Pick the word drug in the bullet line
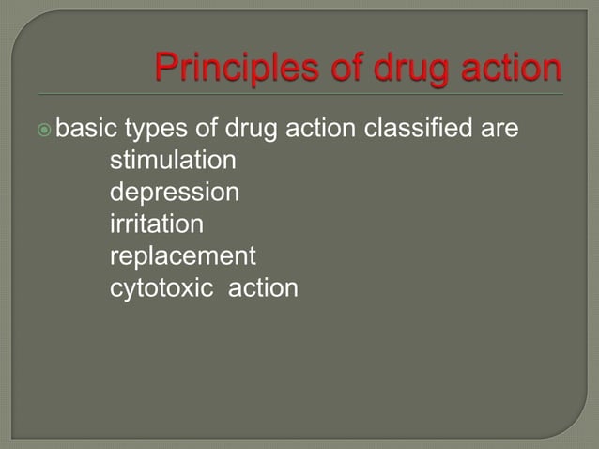point(253,129)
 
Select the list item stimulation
point(173,161)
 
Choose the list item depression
point(174,193)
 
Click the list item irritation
point(156,224)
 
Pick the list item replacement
point(182,256)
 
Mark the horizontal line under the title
point(300,95)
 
